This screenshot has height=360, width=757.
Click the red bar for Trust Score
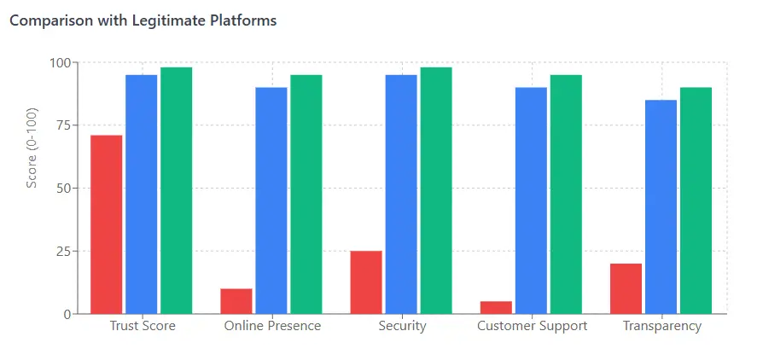[107, 224]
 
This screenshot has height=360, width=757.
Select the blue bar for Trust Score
[142, 195]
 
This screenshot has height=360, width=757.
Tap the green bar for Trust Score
[177, 190]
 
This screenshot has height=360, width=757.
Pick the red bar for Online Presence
[236, 301]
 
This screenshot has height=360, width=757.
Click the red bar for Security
[366, 282]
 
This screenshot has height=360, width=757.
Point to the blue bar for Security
[401, 195]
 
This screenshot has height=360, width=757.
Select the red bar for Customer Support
[496, 307]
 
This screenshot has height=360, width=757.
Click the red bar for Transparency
[626, 288]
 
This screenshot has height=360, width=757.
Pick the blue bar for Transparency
[661, 206]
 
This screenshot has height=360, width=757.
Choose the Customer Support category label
[532, 326]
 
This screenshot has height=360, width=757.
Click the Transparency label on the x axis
[661, 326]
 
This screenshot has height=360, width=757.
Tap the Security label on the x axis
[402, 326]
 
